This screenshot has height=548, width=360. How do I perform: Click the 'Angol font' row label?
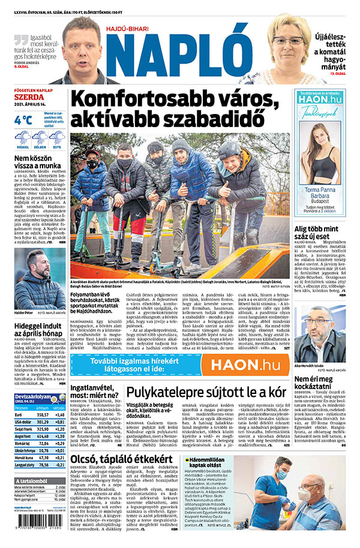(23, 437)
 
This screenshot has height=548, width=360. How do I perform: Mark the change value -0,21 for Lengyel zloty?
(59, 465)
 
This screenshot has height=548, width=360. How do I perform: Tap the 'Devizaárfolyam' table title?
(32, 396)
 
